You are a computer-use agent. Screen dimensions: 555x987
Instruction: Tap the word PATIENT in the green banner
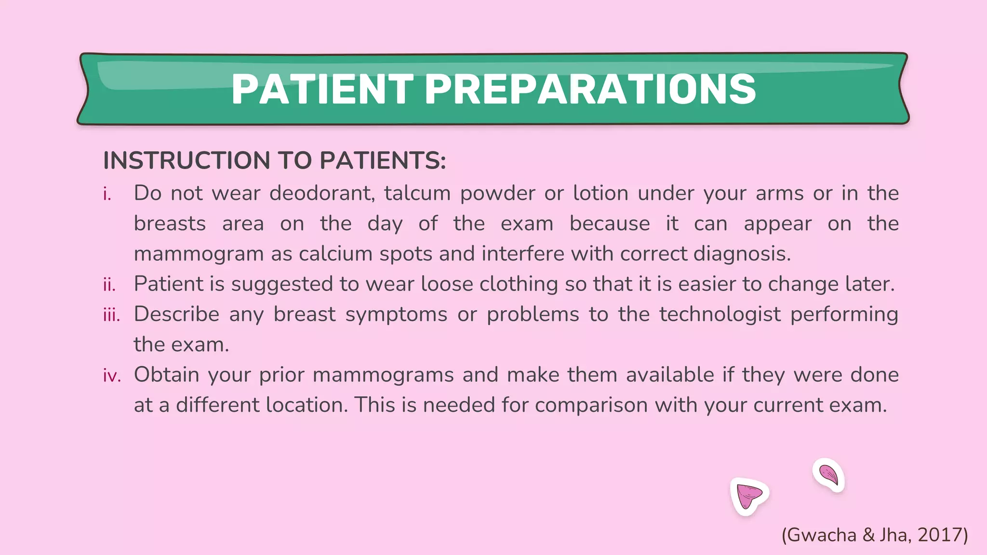tap(322, 90)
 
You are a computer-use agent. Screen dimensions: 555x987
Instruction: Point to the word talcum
tap(417, 193)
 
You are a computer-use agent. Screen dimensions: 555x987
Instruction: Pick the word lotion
tap(600, 193)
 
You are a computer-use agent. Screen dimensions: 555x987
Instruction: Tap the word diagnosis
tap(742, 254)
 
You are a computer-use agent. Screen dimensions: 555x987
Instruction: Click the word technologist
tap(720, 314)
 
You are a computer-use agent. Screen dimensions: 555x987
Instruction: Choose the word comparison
tap(591, 405)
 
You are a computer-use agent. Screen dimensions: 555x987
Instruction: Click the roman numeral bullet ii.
tap(109, 285)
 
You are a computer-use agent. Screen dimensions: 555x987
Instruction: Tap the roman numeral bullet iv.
tap(112, 375)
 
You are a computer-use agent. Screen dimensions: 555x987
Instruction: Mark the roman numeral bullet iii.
tap(111, 315)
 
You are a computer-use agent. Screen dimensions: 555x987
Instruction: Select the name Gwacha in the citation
tap(821, 535)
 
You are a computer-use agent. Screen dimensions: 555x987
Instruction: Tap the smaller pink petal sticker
tap(829, 475)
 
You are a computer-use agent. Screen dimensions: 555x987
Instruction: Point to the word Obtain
tap(166, 375)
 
